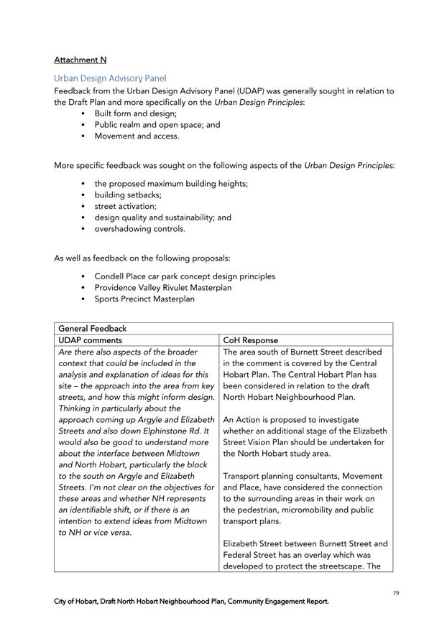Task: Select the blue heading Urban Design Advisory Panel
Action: (110, 78)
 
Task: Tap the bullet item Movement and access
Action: (137, 136)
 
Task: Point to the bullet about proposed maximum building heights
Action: (171, 184)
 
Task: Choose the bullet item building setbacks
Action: (128, 195)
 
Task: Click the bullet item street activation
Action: (125, 206)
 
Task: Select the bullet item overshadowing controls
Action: (139, 229)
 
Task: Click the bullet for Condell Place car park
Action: (185, 276)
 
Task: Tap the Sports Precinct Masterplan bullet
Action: (144, 299)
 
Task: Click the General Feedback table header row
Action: (223, 328)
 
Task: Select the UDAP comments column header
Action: (90, 340)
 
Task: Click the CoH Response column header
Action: (250, 340)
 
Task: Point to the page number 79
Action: (396, 593)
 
